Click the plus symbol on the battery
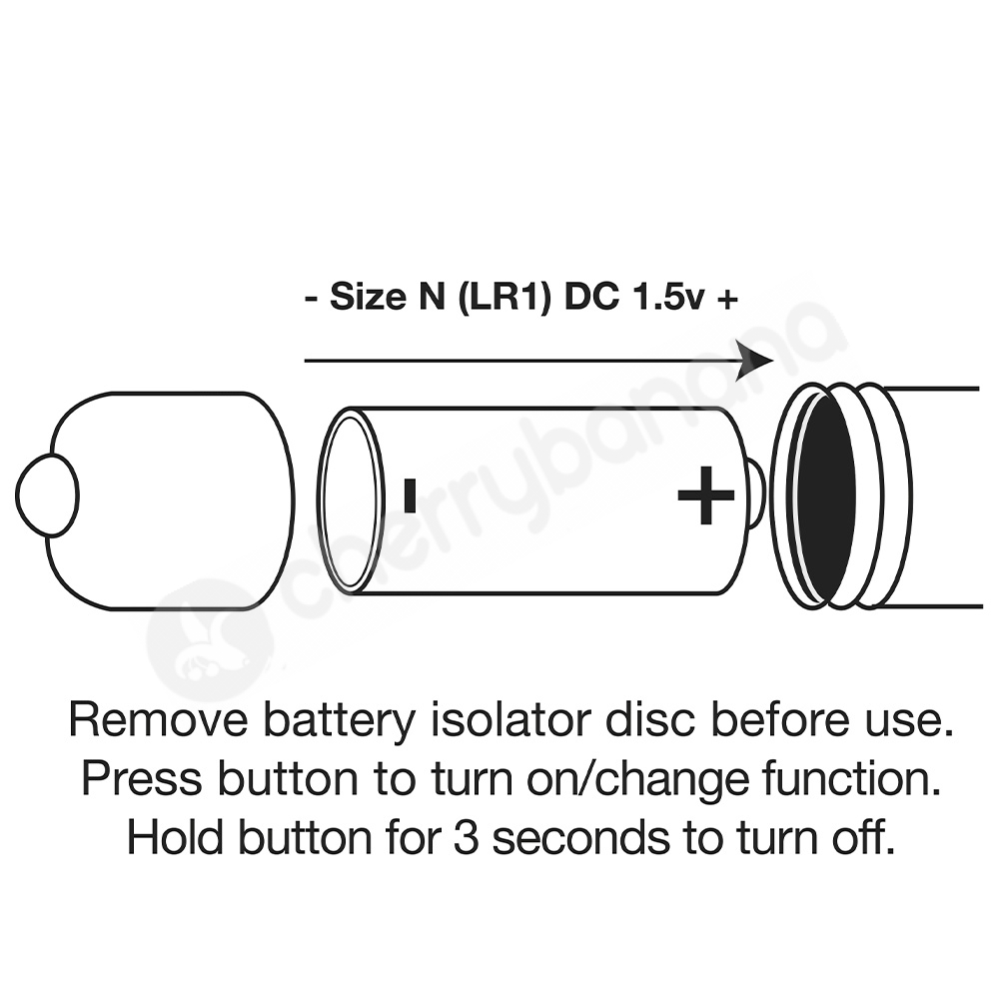705,496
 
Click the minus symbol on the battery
410,496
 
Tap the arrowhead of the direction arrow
754,361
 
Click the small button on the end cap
46,496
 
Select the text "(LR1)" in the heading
503,298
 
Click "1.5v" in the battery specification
669,298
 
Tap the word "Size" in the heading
368,297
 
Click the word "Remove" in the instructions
158,720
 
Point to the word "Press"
142,778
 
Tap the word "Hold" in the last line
175,837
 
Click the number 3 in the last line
467,838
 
